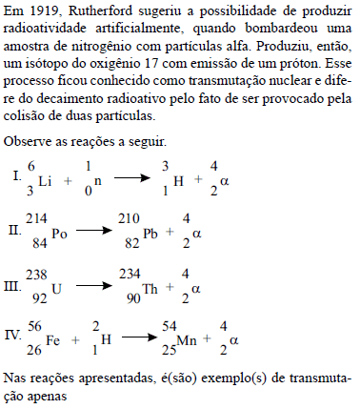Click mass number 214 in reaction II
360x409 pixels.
click(37, 218)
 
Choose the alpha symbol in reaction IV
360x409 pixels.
click(228, 338)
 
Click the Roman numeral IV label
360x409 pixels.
click(11, 335)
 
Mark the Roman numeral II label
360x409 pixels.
click(12, 231)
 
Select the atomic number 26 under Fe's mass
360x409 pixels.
click(34, 348)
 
